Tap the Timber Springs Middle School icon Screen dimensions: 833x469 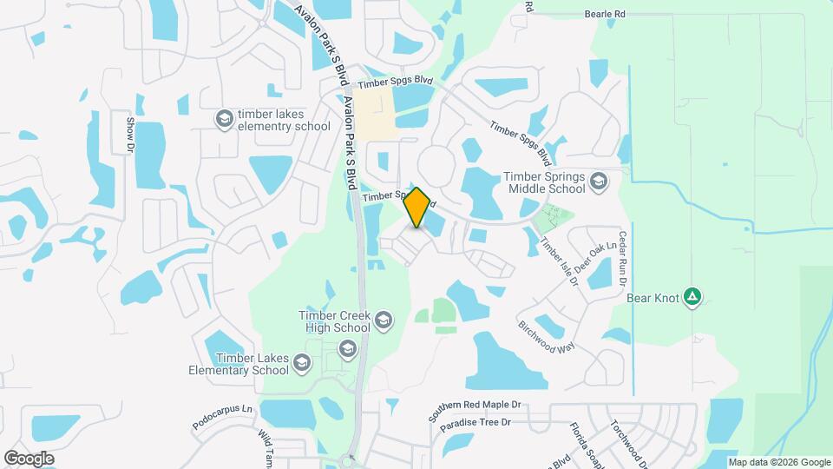click(x=598, y=182)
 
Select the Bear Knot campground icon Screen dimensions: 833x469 click(x=692, y=298)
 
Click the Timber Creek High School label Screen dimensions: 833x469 click(x=333, y=321)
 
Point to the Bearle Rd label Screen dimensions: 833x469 click(x=605, y=15)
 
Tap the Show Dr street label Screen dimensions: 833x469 click(x=130, y=135)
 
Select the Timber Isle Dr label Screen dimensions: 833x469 click(x=560, y=261)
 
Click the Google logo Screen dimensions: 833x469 click(x=29, y=458)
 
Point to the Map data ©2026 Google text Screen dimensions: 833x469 click(x=779, y=462)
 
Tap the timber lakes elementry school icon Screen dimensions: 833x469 click(x=225, y=118)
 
